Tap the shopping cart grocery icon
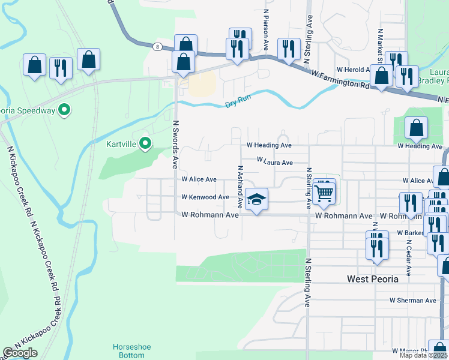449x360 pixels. click(x=324, y=192)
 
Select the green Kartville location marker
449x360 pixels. click(x=145, y=143)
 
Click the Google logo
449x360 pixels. click(x=20, y=353)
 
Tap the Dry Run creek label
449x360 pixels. click(x=237, y=103)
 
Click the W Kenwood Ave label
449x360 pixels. click(x=205, y=197)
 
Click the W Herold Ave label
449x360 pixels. click(x=352, y=70)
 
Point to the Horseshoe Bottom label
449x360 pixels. click(x=128, y=351)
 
